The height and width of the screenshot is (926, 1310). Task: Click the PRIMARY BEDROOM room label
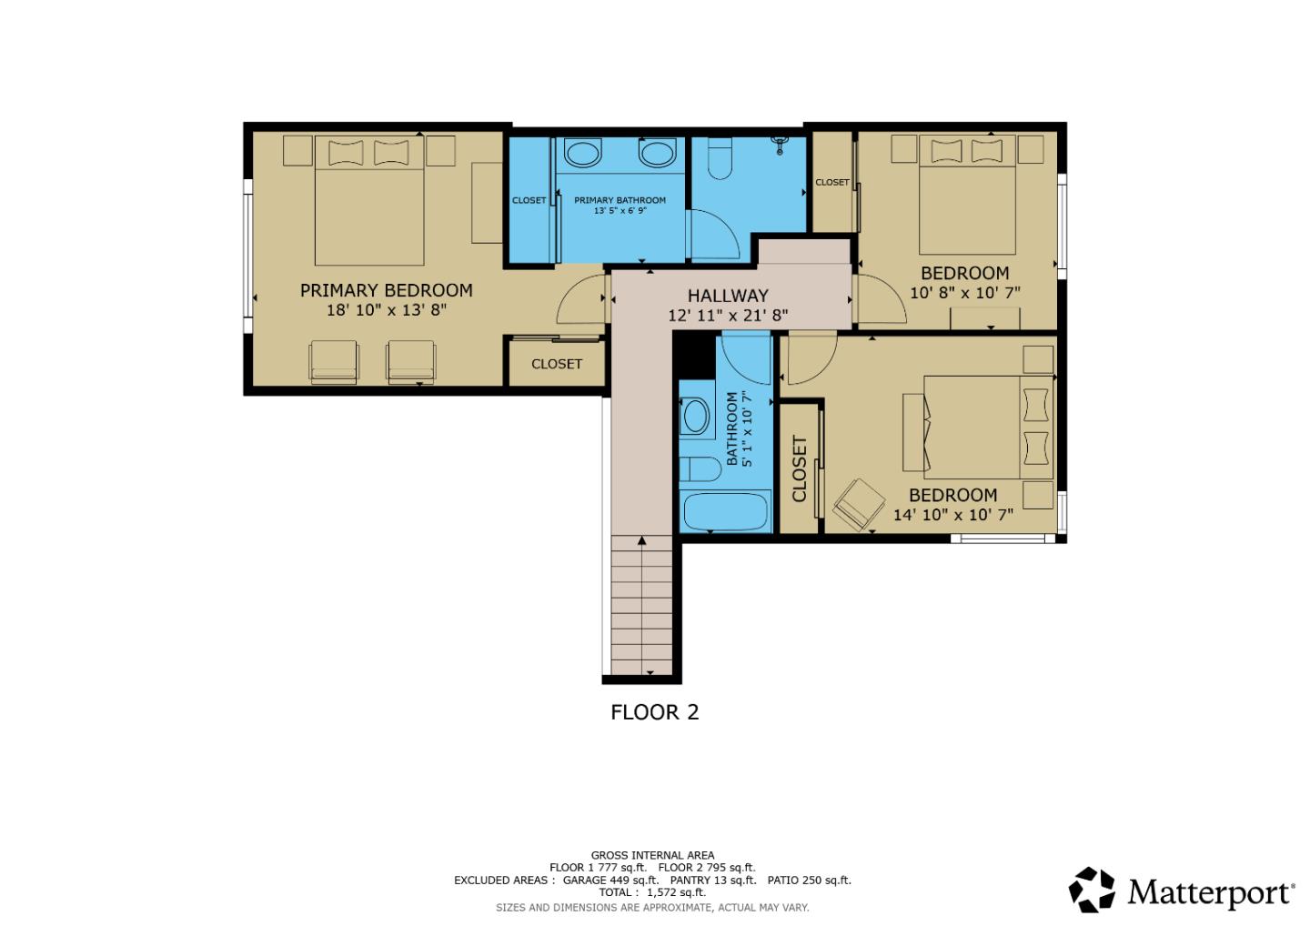386,290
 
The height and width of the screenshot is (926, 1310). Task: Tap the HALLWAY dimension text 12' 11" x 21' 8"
727,316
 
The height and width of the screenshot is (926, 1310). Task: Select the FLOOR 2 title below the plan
654,711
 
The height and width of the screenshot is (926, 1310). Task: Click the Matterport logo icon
1091,890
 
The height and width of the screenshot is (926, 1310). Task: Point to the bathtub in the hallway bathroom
726,511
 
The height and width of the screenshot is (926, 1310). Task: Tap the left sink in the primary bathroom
582,153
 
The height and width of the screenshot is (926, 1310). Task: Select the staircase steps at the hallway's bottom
642,605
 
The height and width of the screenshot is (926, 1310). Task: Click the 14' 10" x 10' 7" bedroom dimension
952,515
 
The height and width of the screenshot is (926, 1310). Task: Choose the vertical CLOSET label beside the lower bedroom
800,468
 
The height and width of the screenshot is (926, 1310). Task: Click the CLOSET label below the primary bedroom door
556,364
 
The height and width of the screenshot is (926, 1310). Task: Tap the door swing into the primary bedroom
579,298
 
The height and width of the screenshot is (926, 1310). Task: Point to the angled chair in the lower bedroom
859,503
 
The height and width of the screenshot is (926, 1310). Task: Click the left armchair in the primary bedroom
334,360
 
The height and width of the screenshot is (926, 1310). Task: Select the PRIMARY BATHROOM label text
620,200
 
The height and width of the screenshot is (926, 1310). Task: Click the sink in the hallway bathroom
696,417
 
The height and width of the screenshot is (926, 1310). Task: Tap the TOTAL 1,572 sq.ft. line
651,892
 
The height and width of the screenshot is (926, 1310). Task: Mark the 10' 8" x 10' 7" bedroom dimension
964,293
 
